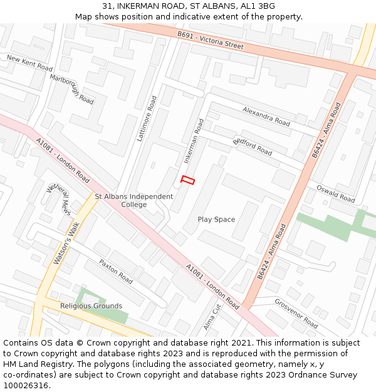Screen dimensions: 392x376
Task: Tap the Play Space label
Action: [x=216, y=220]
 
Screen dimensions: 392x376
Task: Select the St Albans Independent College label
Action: [x=133, y=201]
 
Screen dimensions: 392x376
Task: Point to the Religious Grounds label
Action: [x=91, y=306]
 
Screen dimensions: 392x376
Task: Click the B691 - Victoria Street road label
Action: [x=210, y=40]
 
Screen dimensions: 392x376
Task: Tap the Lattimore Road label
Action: [x=148, y=118]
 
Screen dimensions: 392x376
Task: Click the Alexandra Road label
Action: [x=266, y=115]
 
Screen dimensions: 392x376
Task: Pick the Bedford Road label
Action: [x=253, y=146]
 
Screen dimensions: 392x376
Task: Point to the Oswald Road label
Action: [x=335, y=193]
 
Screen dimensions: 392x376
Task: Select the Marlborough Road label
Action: [x=71, y=89]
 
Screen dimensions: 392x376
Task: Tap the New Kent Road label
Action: [x=29, y=62]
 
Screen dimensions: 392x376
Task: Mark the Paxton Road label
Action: [x=115, y=270]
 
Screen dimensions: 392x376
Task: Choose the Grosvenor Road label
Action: [x=296, y=313]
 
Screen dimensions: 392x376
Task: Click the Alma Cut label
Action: [x=212, y=317]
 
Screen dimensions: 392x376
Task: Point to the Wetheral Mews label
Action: [x=59, y=199]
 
